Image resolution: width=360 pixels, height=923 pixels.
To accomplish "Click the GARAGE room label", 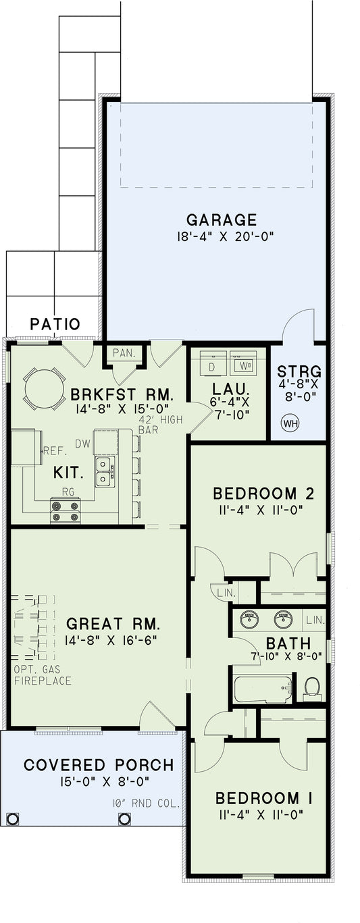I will tap(222, 219).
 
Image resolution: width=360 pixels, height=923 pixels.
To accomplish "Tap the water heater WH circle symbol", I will tap(291, 423).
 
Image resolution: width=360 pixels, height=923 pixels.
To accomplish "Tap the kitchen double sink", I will tap(104, 471).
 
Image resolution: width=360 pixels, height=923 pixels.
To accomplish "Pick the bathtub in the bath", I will tap(263, 689).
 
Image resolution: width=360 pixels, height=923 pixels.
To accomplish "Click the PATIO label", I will tap(55, 325).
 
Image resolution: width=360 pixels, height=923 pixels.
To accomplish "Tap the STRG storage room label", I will tap(299, 372).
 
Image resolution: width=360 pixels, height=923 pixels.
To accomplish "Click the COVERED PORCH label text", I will tap(99, 765).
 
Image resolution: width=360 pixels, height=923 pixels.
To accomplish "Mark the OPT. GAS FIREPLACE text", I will tap(42, 676).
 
